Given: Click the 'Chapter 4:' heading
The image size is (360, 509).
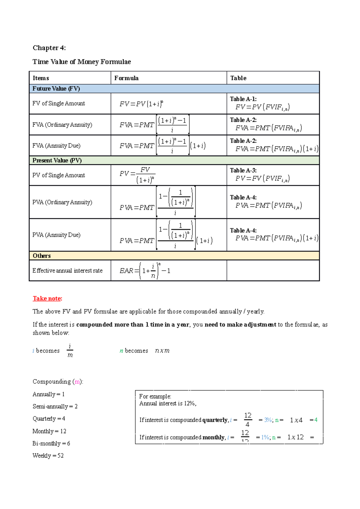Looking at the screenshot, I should pyautogui.click(x=49, y=48).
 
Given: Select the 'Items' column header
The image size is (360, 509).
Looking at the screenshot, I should pyautogui.click(x=41, y=78).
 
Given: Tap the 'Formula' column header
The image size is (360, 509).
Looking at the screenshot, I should pyautogui.click(x=126, y=78).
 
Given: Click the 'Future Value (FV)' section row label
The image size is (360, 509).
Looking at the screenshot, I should pyautogui.click(x=56, y=89).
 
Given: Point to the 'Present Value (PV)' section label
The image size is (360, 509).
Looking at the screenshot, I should pyautogui.click(x=57, y=160).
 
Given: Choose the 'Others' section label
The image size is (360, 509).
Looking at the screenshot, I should pyautogui.click(x=42, y=256).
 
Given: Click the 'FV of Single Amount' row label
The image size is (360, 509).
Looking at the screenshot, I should pyautogui.click(x=58, y=103).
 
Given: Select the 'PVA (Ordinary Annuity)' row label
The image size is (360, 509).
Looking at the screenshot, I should pyautogui.click(x=62, y=202).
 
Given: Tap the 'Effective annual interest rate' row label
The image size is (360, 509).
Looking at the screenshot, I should pyautogui.click(x=67, y=271).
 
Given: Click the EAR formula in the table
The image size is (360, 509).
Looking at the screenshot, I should pyautogui.click(x=145, y=271).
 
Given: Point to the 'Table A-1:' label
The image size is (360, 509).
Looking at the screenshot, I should pyautogui.click(x=243, y=99).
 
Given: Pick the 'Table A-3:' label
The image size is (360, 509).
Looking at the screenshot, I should pyautogui.click(x=243, y=170).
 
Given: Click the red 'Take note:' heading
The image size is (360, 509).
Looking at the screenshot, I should pyautogui.click(x=47, y=299).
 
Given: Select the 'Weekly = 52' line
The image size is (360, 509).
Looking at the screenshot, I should pyautogui.click(x=48, y=456).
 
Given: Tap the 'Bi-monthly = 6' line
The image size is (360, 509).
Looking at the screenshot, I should pyautogui.click(x=51, y=443).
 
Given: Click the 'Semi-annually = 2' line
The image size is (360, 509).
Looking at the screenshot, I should pyautogui.click(x=55, y=406).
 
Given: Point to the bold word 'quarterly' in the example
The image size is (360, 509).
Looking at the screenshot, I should pyautogui.click(x=215, y=420).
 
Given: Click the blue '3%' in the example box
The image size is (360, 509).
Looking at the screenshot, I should pyautogui.click(x=268, y=420).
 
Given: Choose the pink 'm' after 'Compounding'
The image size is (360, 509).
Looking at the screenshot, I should pyautogui.click(x=77, y=382).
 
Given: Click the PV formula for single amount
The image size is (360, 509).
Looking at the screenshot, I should pyautogui.click(x=137, y=175).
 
